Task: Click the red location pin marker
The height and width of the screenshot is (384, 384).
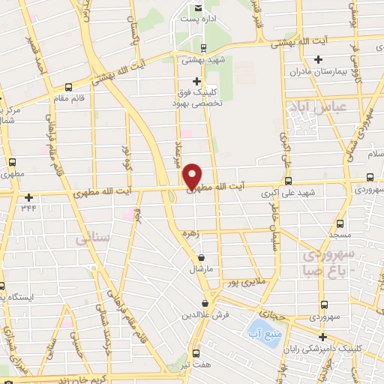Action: [x=192, y=175]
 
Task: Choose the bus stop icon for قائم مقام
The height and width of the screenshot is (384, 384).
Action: [x=69, y=86]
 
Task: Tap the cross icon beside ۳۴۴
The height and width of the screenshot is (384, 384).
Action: [x=28, y=198]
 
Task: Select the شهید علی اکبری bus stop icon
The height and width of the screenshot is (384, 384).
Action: [x=288, y=181]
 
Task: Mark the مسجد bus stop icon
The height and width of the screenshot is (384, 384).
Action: [x=340, y=223]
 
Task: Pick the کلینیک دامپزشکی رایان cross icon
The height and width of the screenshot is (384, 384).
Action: [x=322, y=337]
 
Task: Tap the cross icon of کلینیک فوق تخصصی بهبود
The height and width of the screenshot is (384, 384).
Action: [x=196, y=81]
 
